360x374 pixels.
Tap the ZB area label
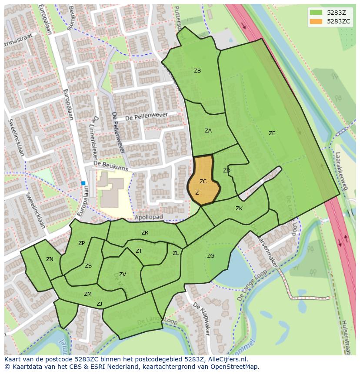coord(197,71)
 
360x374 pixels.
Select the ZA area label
coord(208,130)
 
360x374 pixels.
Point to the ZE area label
coord(272,133)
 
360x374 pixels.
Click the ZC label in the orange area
coord(203,182)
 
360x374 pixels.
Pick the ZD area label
coord(227,171)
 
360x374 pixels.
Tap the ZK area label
coord(239,209)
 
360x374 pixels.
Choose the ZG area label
coord(210,256)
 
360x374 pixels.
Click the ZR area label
coord(145,233)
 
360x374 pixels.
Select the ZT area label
coord(139,251)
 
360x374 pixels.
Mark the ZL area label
coord(176,253)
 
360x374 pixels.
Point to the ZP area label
coord(81,243)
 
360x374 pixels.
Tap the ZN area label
coord(50,259)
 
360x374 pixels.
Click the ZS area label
coord(88,266)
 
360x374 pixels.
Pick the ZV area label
coord(123,275)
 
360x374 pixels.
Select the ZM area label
coord(88,294)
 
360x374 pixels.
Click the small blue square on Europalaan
coord(83,183)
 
